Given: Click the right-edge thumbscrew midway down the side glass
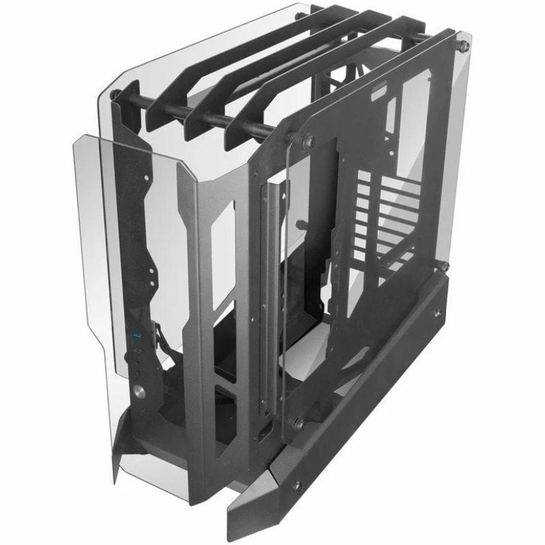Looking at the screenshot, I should coord(446,264).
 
